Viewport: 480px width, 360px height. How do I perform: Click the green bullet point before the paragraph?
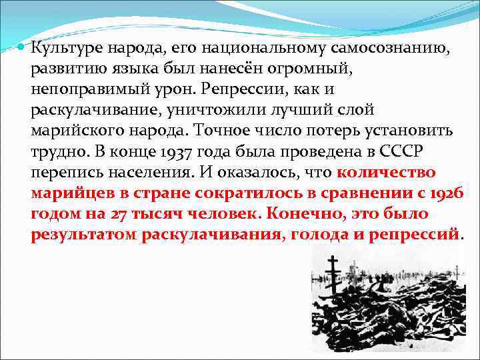(x=20, y=47)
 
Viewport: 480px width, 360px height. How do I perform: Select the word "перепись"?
(x=61, y=172)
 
